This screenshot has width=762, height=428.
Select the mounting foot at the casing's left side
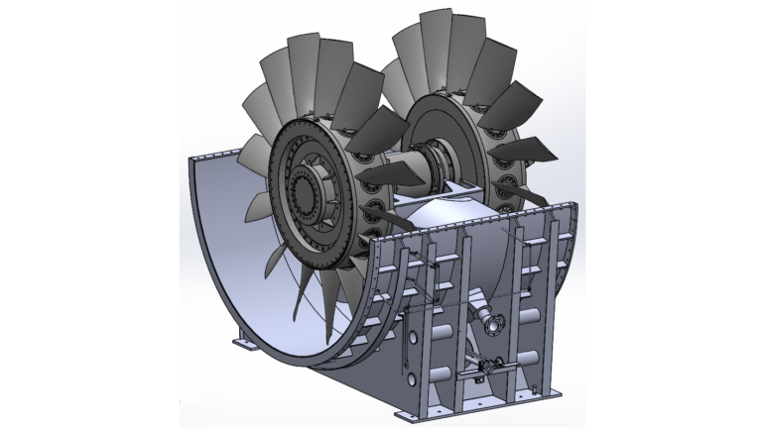pyautogui.click(x=244, y=344)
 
